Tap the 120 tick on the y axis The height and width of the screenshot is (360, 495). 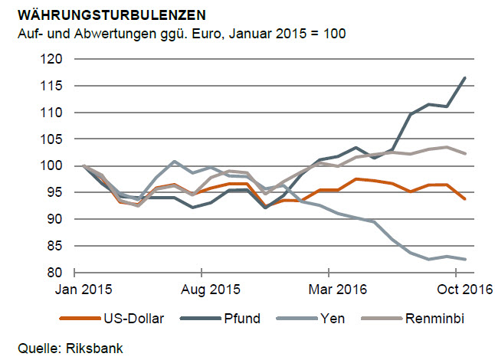coord(53,59)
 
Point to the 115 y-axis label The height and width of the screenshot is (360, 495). coord(53,86)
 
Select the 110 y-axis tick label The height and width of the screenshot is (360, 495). coord(53,113)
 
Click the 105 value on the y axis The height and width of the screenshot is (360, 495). coord(53,139)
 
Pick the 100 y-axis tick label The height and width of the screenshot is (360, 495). coord(53,165)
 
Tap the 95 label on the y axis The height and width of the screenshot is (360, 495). coord(56,192)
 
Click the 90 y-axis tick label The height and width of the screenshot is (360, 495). coord(56,219)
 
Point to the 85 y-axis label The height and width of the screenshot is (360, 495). coord(56,246)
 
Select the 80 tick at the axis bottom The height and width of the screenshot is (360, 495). coord(56,273)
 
